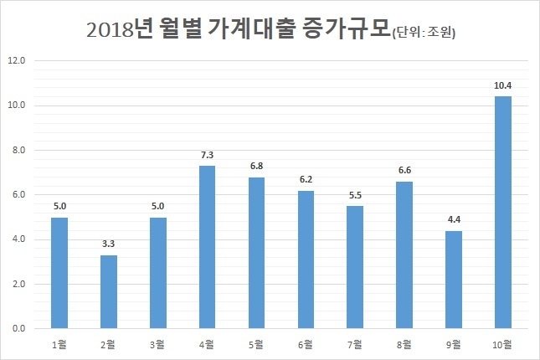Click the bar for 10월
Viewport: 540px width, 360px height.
(x=503, y=212)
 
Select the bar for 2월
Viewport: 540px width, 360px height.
(x=109, y=292)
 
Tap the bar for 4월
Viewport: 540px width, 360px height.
(x=207, y=247)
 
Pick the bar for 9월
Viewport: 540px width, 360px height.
(x=454, y=280)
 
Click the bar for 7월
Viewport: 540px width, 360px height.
(x=355, y=267)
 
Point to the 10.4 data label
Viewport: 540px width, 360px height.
(x=503, y=85)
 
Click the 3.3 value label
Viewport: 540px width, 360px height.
(x=109, y=244)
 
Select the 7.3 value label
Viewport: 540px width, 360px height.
(x=208, y=155)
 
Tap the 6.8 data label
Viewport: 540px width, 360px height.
(x=256, y=166)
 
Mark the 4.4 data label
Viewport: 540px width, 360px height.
(x=454, y=219)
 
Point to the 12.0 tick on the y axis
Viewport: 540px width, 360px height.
(x=17, y=60)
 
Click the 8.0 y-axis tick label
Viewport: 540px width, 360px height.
(x=19, y=150)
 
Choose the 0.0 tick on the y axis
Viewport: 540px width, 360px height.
(x=19, y=329)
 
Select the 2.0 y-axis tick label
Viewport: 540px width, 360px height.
(x=19, y=284)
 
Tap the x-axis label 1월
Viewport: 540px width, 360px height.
(x=59, y=344)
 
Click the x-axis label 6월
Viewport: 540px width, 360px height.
(x=306, y=344)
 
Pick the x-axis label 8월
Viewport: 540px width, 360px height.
(x=404, y=344)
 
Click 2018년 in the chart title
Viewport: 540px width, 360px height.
(x=120, y=29)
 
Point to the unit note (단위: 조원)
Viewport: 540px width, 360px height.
(x=424, y=33)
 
